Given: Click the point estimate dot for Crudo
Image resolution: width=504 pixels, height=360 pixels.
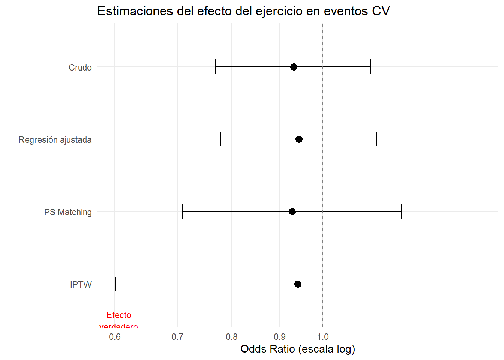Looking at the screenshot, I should (x=294, y=67).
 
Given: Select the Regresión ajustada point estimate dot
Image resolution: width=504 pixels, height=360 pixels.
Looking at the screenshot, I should (x=299, y=139).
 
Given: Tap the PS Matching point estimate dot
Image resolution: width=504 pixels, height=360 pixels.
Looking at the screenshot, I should (x=292, y=212).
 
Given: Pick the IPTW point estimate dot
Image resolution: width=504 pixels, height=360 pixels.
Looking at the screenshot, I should (x=298, y=284).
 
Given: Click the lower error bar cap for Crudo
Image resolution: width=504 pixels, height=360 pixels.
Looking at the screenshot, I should (x=216, y=67).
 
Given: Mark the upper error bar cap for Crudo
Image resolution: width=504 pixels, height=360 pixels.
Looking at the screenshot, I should (x=371, y=67).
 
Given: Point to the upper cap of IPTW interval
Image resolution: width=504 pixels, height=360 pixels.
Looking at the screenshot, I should (x=480, y=284).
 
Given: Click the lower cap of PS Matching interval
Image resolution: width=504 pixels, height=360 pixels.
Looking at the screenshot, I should (x=183, y=212).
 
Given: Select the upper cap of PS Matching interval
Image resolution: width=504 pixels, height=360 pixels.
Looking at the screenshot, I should (x=402, y=212).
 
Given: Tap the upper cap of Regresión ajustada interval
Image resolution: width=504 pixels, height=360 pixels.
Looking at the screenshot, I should (x=376, y=139).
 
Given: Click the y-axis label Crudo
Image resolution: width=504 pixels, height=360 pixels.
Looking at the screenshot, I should (x=80, y=67).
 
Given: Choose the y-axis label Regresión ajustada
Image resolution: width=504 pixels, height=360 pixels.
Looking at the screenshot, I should (x=55, y=140).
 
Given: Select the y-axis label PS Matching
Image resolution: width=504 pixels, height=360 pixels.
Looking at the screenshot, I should (x=68, y=212).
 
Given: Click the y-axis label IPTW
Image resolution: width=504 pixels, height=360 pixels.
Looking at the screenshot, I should (x=81, y=285).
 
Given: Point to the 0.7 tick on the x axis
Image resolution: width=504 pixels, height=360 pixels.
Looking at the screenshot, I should (x=177, y=337).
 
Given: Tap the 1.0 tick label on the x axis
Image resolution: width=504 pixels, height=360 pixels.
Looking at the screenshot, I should (x=323, y=337).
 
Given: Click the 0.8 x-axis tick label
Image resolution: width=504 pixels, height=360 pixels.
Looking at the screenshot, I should (x=232, y=337).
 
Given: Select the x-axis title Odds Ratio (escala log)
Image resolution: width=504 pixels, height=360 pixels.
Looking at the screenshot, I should (x=298, y=349).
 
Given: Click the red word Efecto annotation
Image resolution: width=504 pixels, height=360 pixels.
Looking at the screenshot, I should (x=119, y=315).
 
